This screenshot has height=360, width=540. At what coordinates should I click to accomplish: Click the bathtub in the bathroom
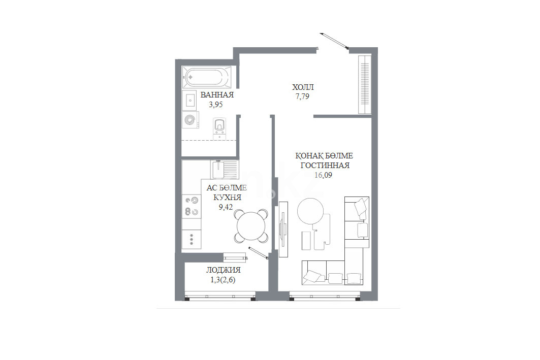click(206, 77)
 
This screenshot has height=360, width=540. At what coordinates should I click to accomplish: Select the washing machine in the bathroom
click(190, 120)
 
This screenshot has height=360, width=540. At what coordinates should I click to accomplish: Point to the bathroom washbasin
click(189, 100)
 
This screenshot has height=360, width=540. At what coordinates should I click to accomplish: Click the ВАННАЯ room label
click(217, 95)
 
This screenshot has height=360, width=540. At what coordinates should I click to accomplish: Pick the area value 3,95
click(216, 105)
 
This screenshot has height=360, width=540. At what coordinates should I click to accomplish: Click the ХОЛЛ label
click(303, 87)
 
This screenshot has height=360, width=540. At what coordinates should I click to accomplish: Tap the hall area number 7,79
click(302, 96)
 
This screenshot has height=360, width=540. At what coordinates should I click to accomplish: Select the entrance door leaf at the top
click(334, 41)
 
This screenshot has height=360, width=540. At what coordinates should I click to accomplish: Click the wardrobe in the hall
click(364, 84)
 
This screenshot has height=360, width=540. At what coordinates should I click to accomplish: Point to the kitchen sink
click(224, 169)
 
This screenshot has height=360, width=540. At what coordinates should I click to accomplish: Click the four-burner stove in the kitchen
click(192, 206)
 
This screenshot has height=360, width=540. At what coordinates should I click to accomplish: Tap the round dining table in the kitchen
click(251, 226)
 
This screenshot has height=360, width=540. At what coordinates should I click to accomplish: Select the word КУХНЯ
click(227, 198)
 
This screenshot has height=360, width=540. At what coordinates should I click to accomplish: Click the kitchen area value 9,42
click(226, 207)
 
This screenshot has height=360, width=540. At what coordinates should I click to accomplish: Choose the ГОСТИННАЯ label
click(325, 166)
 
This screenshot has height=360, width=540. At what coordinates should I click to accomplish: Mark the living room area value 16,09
click(323, 175)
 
